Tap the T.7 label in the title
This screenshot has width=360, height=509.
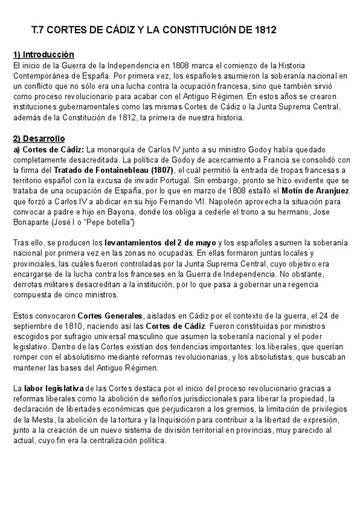[40, 29]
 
